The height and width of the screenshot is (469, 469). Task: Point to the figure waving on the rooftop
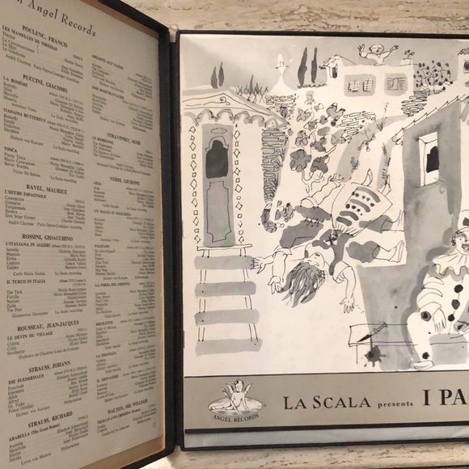(x=378, y=56)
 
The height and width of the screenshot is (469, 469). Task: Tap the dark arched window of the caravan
(x=216, y=163)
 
